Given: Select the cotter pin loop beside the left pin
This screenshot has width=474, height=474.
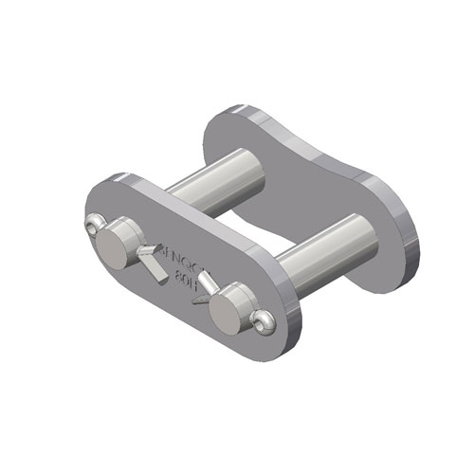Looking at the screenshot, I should click(94, 225).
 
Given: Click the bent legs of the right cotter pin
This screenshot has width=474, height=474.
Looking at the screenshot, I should click(200, 290).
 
